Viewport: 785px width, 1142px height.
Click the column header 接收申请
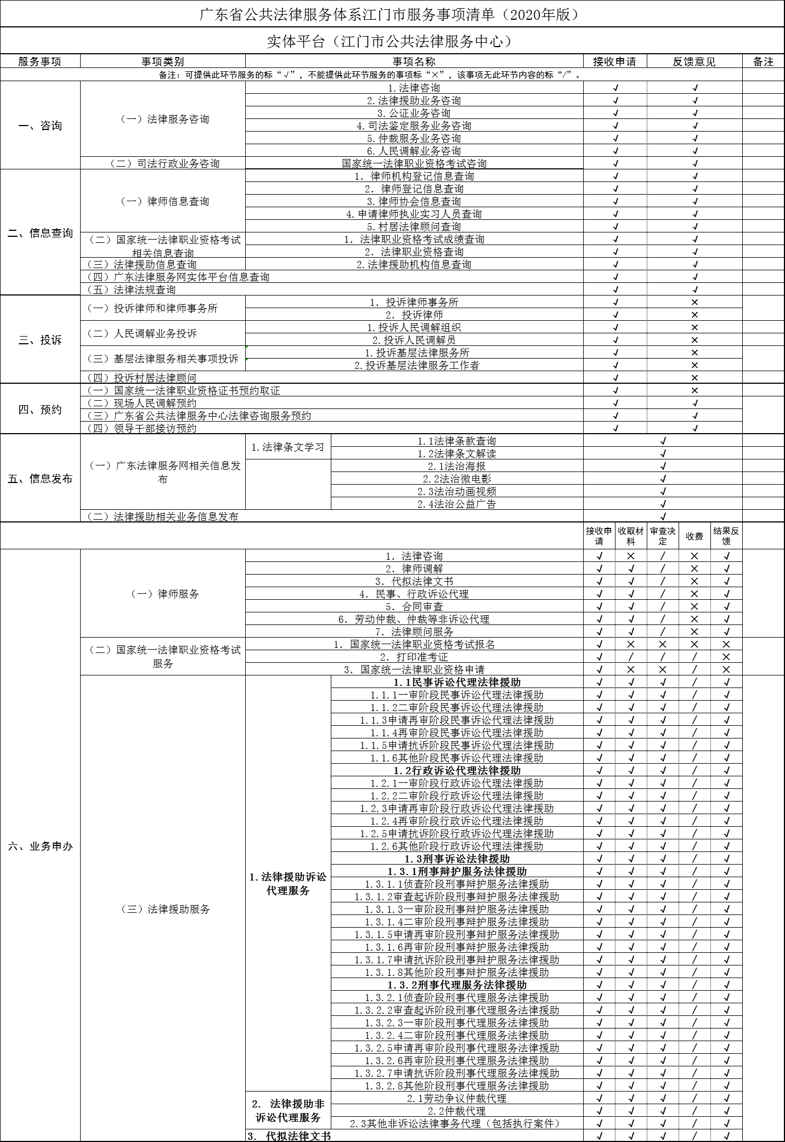pos(614,61)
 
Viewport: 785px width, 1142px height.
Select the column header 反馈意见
pos(694,61)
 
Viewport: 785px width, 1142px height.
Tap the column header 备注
pos(763,61)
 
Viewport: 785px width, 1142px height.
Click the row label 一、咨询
pos(40,126)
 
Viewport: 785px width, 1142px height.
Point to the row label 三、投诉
pos(40,340)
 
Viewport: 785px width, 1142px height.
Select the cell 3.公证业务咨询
pos(414,113)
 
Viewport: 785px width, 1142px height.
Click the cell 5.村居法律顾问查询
pos(414,226)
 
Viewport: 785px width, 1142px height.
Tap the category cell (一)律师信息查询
pos(164,201)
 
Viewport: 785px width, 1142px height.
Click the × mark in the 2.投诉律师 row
pos(694,315)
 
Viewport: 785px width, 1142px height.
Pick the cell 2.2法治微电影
pos(456,479)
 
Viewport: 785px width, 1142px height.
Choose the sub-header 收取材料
pos(631,536)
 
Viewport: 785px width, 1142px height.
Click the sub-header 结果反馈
pos(726,536)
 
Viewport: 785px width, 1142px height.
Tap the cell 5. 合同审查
pos(414,606)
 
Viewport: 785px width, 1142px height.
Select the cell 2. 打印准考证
pos(414,657)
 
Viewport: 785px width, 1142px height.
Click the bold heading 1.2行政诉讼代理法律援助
pos(456,770)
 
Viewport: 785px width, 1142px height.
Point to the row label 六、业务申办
pos(40,846)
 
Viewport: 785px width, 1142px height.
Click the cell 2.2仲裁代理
pos(456,1111)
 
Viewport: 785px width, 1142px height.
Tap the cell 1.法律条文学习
pos(288,447)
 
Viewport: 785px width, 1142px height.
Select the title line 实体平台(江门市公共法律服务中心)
pos(392,41)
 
